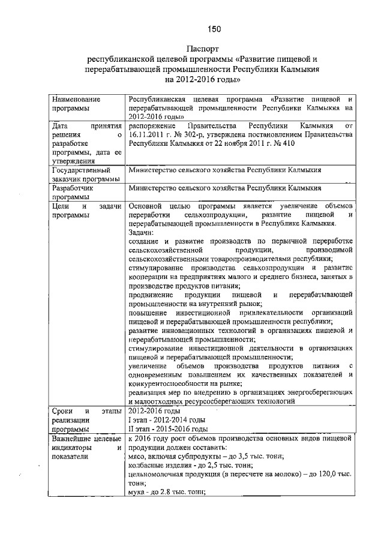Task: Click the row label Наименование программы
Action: pos(75,103)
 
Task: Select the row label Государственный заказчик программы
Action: pos(80,175)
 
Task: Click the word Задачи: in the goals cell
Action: pos(142,232)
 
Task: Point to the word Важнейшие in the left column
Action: pos(72,439)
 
